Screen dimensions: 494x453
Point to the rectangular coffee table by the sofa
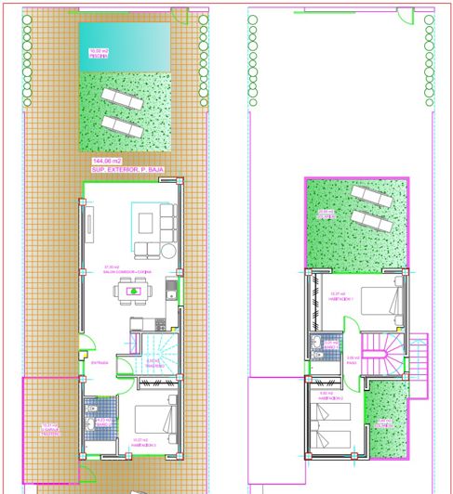146,221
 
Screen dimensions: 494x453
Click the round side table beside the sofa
168,251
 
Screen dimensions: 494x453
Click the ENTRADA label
100,363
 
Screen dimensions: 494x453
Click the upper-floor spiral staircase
385,357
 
